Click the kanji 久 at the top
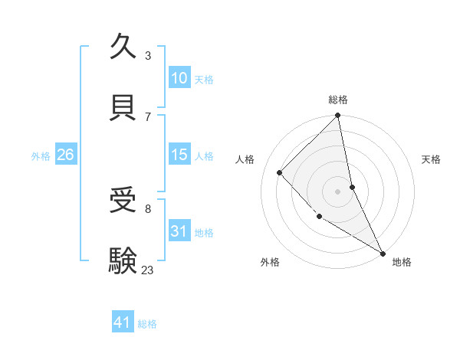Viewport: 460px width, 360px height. pyautogui.click(x=124, y=47)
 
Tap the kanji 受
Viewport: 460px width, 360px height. pyautogui.click(x=124, y=201)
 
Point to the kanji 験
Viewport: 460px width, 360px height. pyautogui.click(x=124, y=261)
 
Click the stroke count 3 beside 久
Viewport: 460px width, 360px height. pyautogui.click(x=148, y=55)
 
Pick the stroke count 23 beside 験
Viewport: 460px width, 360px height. pyautogui.click(x=147, y=270)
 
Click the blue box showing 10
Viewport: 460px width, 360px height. pyautogui.click(x=179, y=78)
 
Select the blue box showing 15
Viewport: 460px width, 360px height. pyautogui.click(x=179, y=155)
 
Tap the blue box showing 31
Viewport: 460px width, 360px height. pyautogui.click(x=179, y=231)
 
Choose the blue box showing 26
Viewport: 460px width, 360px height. pyautogui.click(x=65, y=155)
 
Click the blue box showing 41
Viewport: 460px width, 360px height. pyautogui.click(x=123, y=322)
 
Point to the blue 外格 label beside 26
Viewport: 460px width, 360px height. pyautogui.click(x=41, y=156)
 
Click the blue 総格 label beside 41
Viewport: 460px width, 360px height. pyautogui.click(x=147, y=324)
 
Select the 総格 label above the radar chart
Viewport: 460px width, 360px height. pyautogui.click(x=338, y=100)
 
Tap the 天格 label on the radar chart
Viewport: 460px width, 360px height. pyautogui.click(x=431, y=159)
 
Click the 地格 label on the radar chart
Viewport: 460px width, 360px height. pyautogui.click(x=402, y=262)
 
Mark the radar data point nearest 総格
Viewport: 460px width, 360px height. pyautogui.click(x=338, y=116)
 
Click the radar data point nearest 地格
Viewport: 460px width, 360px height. pyautogui.click(x=383, y=253)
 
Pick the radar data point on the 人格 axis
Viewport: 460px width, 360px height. pyautogui.click(x=280, y=172)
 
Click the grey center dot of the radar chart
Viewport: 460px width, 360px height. pyautogui.click(x=338, y=191)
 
